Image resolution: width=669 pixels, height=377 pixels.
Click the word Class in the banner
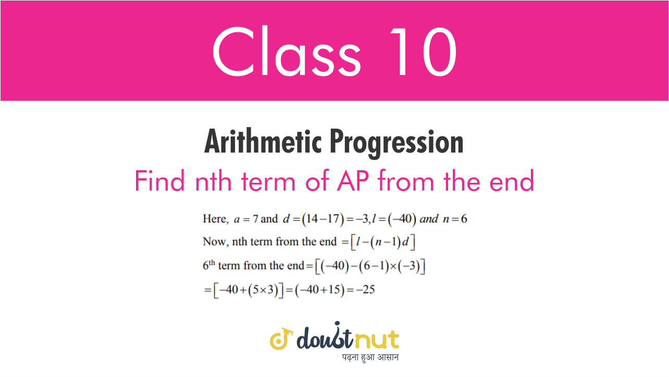(287, 51)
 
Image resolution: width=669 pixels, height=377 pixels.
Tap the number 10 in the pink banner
(424, 52)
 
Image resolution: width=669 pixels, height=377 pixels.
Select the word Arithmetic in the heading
(263, 141)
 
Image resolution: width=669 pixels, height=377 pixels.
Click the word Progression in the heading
(397, 143)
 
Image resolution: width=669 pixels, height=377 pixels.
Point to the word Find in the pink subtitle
(160, 181)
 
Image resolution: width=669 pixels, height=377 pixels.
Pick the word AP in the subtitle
(353, 181)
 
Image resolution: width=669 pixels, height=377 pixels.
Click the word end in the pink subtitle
(512, 181)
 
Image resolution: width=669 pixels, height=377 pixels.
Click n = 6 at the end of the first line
(455, 219)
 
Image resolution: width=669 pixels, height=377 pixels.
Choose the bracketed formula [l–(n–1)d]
(383, 242)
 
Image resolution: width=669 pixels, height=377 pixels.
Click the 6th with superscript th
(209, 265)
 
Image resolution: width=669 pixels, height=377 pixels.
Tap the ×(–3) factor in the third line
(407, 266)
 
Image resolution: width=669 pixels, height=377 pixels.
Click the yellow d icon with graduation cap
(281, 339)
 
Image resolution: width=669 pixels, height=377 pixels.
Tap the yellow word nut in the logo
(376, 339)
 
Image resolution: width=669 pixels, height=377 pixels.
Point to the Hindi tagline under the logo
(370, 357)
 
